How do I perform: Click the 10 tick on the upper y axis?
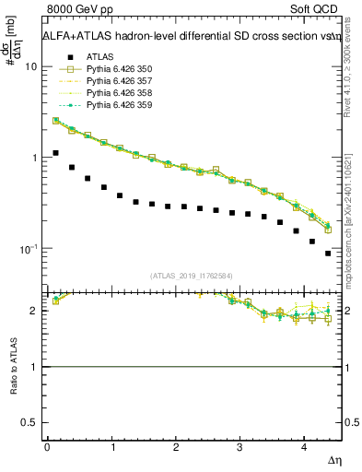click(31, 66)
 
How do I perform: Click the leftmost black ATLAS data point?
click(55, 153)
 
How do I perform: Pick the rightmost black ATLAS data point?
click(328, 253)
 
